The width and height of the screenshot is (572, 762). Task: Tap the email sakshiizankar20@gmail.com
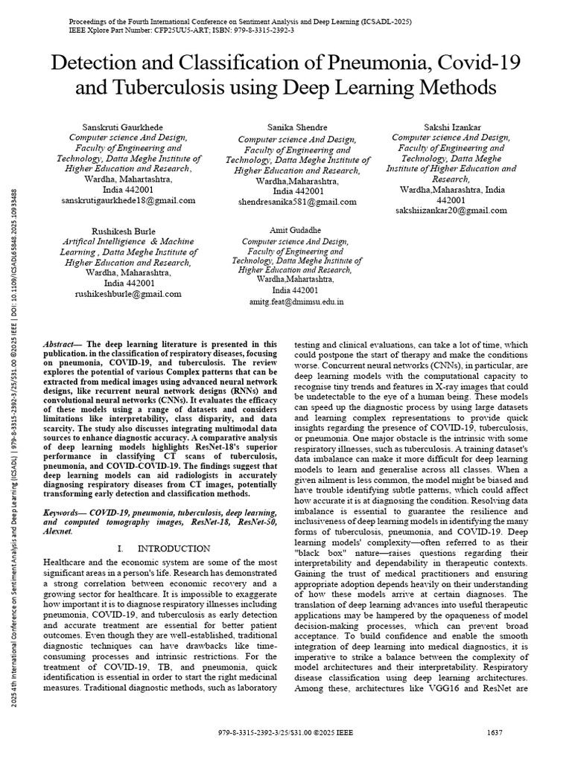click(x=451, y=211)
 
